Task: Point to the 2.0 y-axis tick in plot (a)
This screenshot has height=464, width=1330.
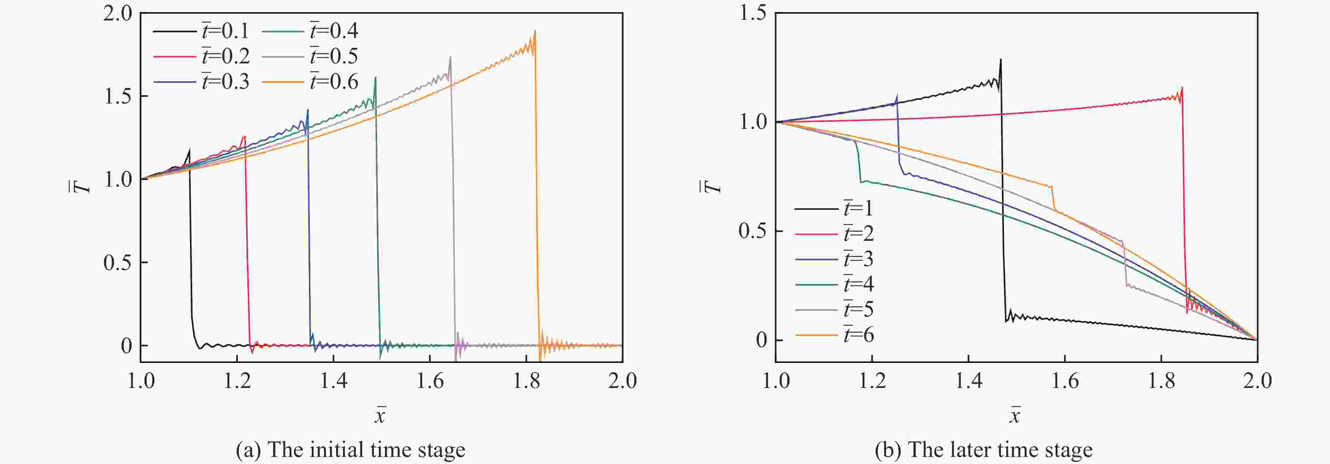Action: (x=118, y=13)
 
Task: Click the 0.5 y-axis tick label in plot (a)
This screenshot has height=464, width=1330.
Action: (x=118, y=263)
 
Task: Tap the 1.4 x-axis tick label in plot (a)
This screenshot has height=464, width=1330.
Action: (x=334, y=381)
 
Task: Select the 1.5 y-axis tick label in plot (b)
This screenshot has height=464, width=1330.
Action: (x=752, y=13)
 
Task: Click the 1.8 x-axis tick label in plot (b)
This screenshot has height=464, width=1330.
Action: (x=1161, y=381)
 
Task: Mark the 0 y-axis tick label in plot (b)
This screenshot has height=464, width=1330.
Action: (x=761, y=340)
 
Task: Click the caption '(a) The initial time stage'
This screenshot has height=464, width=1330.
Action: (x=350, y=450)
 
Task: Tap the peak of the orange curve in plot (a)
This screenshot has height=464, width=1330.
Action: (x=535, y=31)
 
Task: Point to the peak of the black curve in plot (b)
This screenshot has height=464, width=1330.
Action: (x=1001, y=59)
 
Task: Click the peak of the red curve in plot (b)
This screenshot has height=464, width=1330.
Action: (x=1182, y=87)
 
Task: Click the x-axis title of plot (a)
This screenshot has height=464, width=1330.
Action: (x=380, y=415)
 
